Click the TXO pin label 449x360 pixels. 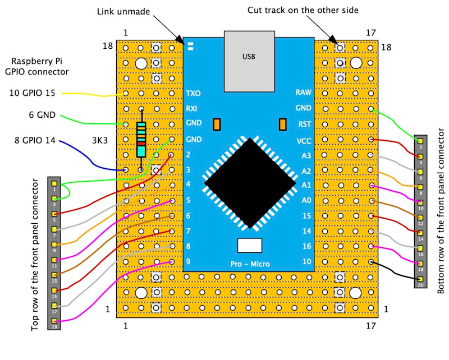point(193,93)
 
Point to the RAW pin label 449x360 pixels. point(304,93)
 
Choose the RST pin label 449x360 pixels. point(305,124)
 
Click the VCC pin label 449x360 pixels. point(304,140)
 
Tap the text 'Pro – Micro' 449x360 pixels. point(250,264)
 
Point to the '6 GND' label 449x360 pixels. point(43,116)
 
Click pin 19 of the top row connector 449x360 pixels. point(54,321)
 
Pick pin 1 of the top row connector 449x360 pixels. point(54,183)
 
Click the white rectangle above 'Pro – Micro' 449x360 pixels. point(250,245)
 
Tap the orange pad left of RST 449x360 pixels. point(282,124)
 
